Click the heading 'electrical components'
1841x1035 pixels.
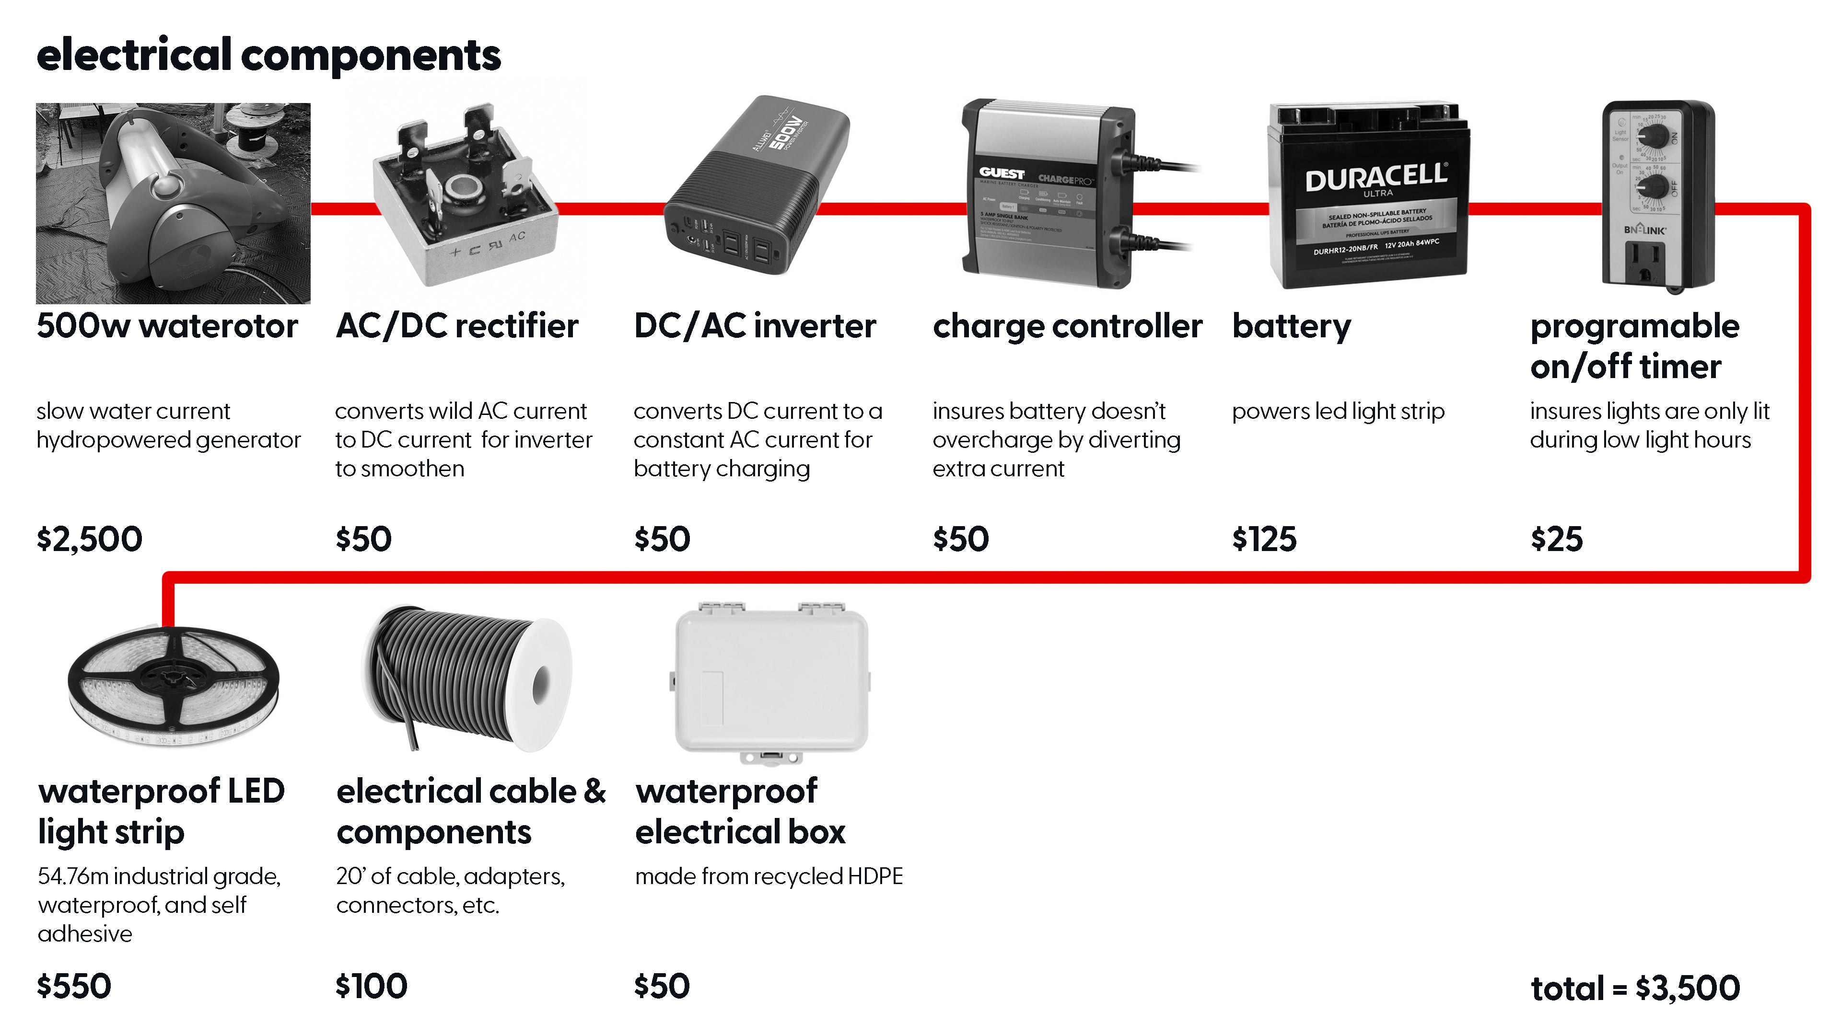coord(268,55)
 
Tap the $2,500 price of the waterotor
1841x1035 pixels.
coord(89,539)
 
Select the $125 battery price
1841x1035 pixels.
coord(1264,539)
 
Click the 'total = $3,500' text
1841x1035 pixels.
coord(1634,989)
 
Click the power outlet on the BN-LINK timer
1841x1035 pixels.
coord(1644,261)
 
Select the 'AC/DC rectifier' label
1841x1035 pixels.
coord(457,326)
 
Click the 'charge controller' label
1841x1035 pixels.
coord(1067,326)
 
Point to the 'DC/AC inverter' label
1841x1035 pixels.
coord(755,326)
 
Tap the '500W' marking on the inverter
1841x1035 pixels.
coord(786,132)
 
